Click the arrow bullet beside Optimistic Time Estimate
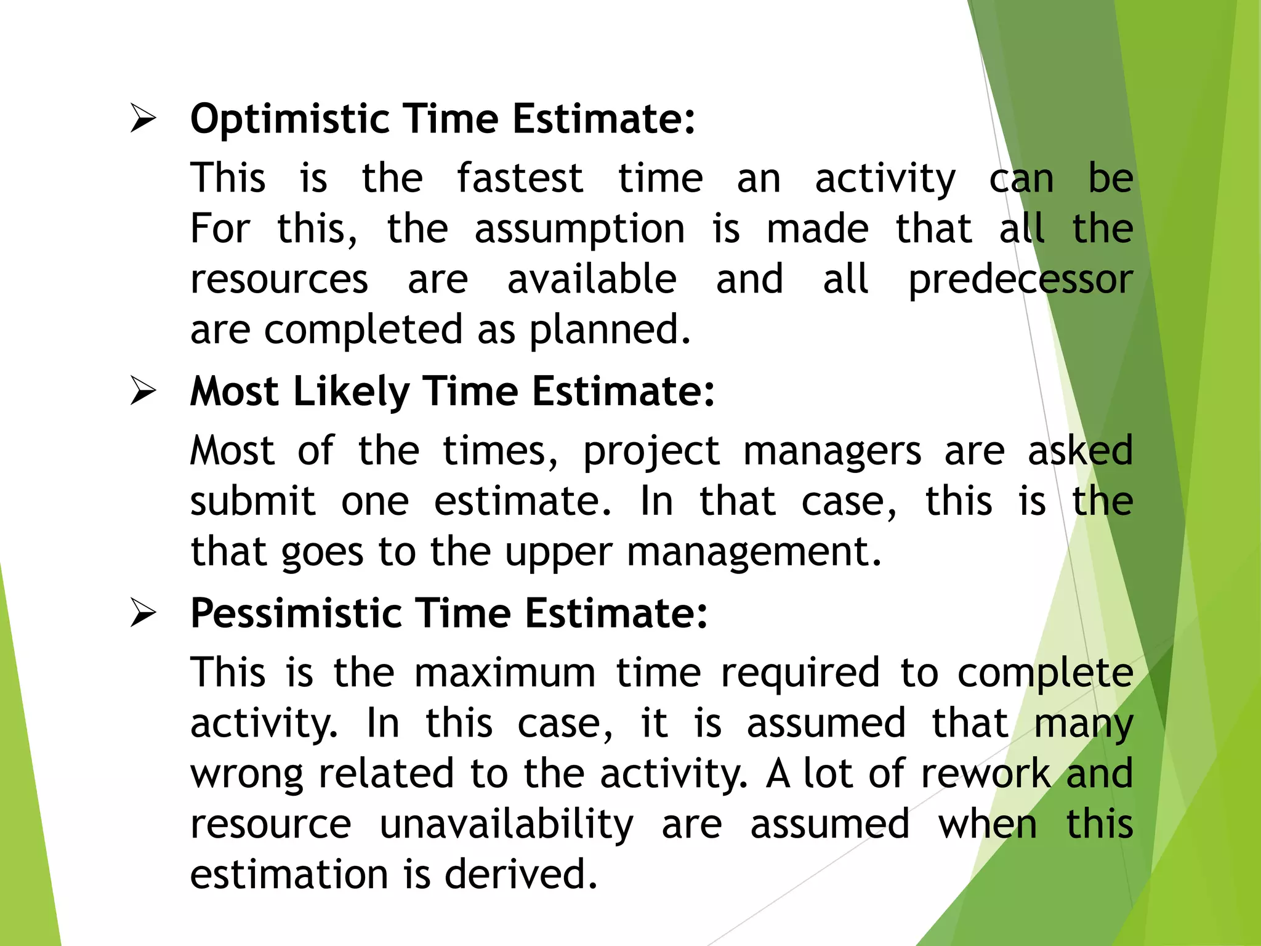coord(143,118)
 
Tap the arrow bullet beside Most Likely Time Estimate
coord(143,391)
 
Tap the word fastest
coord(520,179)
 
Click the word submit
coord(252,501)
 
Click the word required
coord(800,673)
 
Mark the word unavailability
coord(506,825)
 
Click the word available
coord(592,280)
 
